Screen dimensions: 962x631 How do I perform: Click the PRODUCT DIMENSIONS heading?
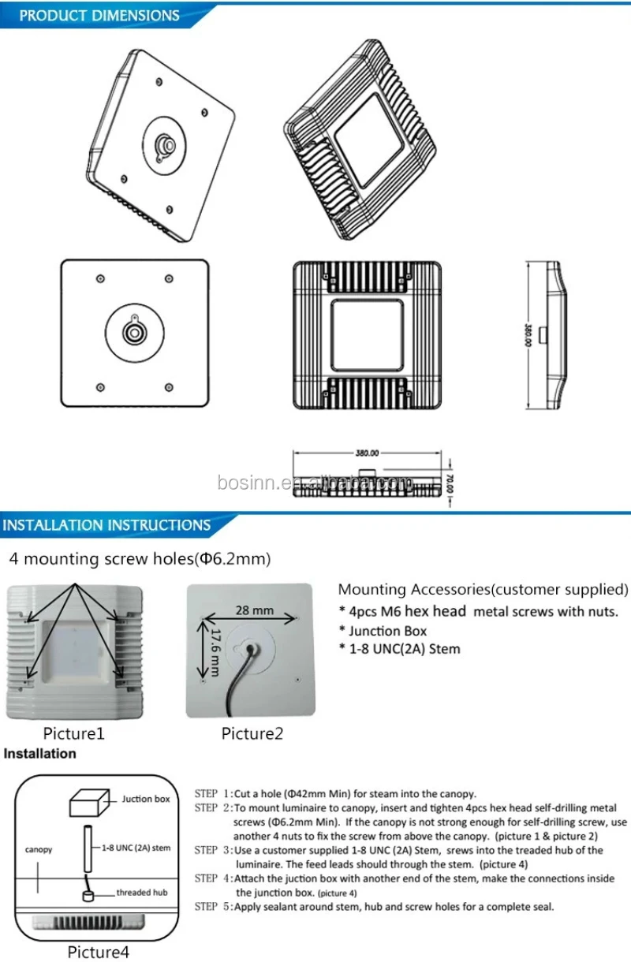[99, 16]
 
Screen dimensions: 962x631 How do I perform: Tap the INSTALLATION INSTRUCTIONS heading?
[107, 525]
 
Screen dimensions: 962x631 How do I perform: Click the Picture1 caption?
[73, 733]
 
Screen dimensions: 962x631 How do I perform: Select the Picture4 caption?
[98, 952]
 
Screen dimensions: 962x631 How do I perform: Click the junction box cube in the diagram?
[88, 802]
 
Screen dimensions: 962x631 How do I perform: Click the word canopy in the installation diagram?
[39, 849]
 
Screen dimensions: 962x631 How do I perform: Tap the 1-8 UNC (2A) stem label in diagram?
[136, 848]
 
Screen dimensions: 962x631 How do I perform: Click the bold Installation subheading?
[41, 754]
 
